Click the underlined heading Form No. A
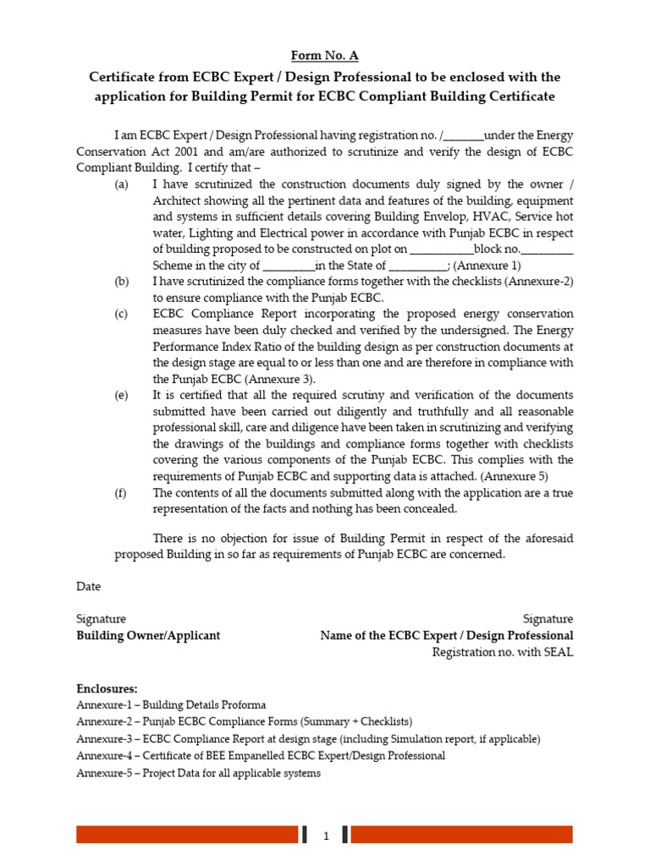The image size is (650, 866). [325, 56]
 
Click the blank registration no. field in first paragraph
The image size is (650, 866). [463, 136]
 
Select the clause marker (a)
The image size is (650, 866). [122, 184]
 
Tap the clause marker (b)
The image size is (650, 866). [122, 282]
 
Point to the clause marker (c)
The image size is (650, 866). [122, 314]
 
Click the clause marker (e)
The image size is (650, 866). [122, 395]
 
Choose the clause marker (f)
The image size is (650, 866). [122, 492]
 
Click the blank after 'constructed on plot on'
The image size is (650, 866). [442, 249]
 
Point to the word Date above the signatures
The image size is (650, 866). [88, 586]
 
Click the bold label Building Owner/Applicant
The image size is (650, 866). [148, 635]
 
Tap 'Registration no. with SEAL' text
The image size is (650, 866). [502, 652]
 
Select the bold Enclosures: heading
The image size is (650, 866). [107, 689]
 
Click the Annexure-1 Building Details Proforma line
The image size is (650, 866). [171, 705]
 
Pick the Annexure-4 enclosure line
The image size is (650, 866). [261, 755]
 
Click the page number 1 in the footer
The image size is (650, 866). [326, 836]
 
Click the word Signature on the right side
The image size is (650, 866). [548, 619]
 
